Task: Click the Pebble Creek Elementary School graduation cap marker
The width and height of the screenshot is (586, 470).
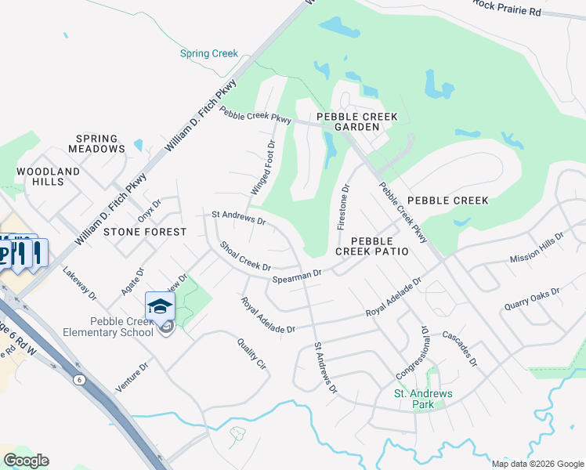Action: point(159,306)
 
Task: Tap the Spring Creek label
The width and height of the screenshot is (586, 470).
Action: point(208,53)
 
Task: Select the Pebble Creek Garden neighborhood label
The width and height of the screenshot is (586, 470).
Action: point(356,121)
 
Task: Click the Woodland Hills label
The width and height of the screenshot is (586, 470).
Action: point(49,176)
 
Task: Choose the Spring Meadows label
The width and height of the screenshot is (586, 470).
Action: point(96,143)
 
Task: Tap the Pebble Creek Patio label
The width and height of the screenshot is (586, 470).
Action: point(372,246)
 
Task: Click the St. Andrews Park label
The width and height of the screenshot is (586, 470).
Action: point(413,399)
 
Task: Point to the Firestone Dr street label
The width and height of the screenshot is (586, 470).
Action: point(342,207)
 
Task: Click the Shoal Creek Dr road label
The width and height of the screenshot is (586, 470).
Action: point(245,256)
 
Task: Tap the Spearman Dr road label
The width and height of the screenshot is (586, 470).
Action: point(297,276)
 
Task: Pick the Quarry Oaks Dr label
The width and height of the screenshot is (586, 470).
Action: point(532,298)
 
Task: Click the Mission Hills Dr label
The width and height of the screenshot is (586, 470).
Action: point(537,248)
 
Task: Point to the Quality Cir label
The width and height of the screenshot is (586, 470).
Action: point(252,353)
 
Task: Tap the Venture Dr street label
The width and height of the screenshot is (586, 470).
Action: point(132,376)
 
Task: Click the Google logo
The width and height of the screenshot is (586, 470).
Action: point(26,461)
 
